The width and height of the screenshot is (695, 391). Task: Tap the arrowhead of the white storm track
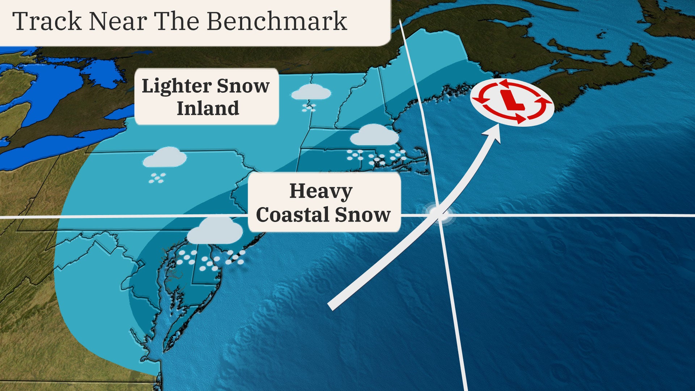tap(494, 133)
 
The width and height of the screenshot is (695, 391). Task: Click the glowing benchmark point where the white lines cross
tap(439, 215)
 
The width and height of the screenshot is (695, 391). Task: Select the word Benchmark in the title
tap(277, 21)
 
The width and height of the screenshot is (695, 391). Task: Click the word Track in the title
tap(47, 21)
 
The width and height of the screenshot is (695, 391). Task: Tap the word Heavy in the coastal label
tap(321, 192)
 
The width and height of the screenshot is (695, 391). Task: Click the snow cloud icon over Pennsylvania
tap(164, 158)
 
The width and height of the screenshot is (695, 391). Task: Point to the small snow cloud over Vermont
tap(311, 92)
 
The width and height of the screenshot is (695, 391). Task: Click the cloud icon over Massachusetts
tap(374, 136)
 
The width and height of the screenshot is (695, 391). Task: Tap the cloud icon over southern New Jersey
tap(215, 231)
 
